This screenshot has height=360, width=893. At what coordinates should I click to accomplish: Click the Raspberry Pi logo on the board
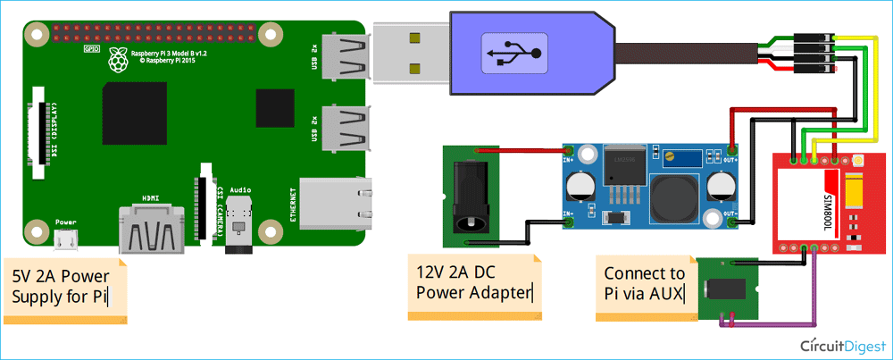tap(115, 60)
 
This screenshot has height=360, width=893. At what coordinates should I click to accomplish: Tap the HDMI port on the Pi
tap(153, 230)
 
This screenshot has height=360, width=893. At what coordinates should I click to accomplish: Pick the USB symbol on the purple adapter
tap(512, 53)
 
